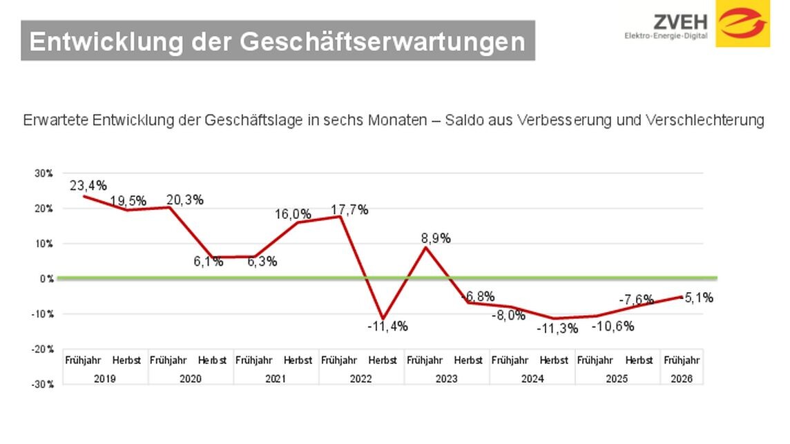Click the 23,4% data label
[x=88, y=185]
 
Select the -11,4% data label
[x=387, y=326]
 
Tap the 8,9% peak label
[x=436, y=238]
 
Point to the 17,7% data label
[x=349, y=210]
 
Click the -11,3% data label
[x=557, y=329]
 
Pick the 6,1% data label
[x=207, y=262]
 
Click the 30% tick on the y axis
[x=44, y=173]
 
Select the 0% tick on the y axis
[x=46, y=279]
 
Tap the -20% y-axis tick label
[x=44, y=349]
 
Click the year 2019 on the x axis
[x=105, y=378]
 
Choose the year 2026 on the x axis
[x=682, y=378]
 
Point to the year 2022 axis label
[x=361, y=378]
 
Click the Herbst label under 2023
[x=468, y=360]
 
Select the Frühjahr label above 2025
[x=595, y=360]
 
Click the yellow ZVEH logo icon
[x=742, y=23]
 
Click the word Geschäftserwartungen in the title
[x=383, y=41]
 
